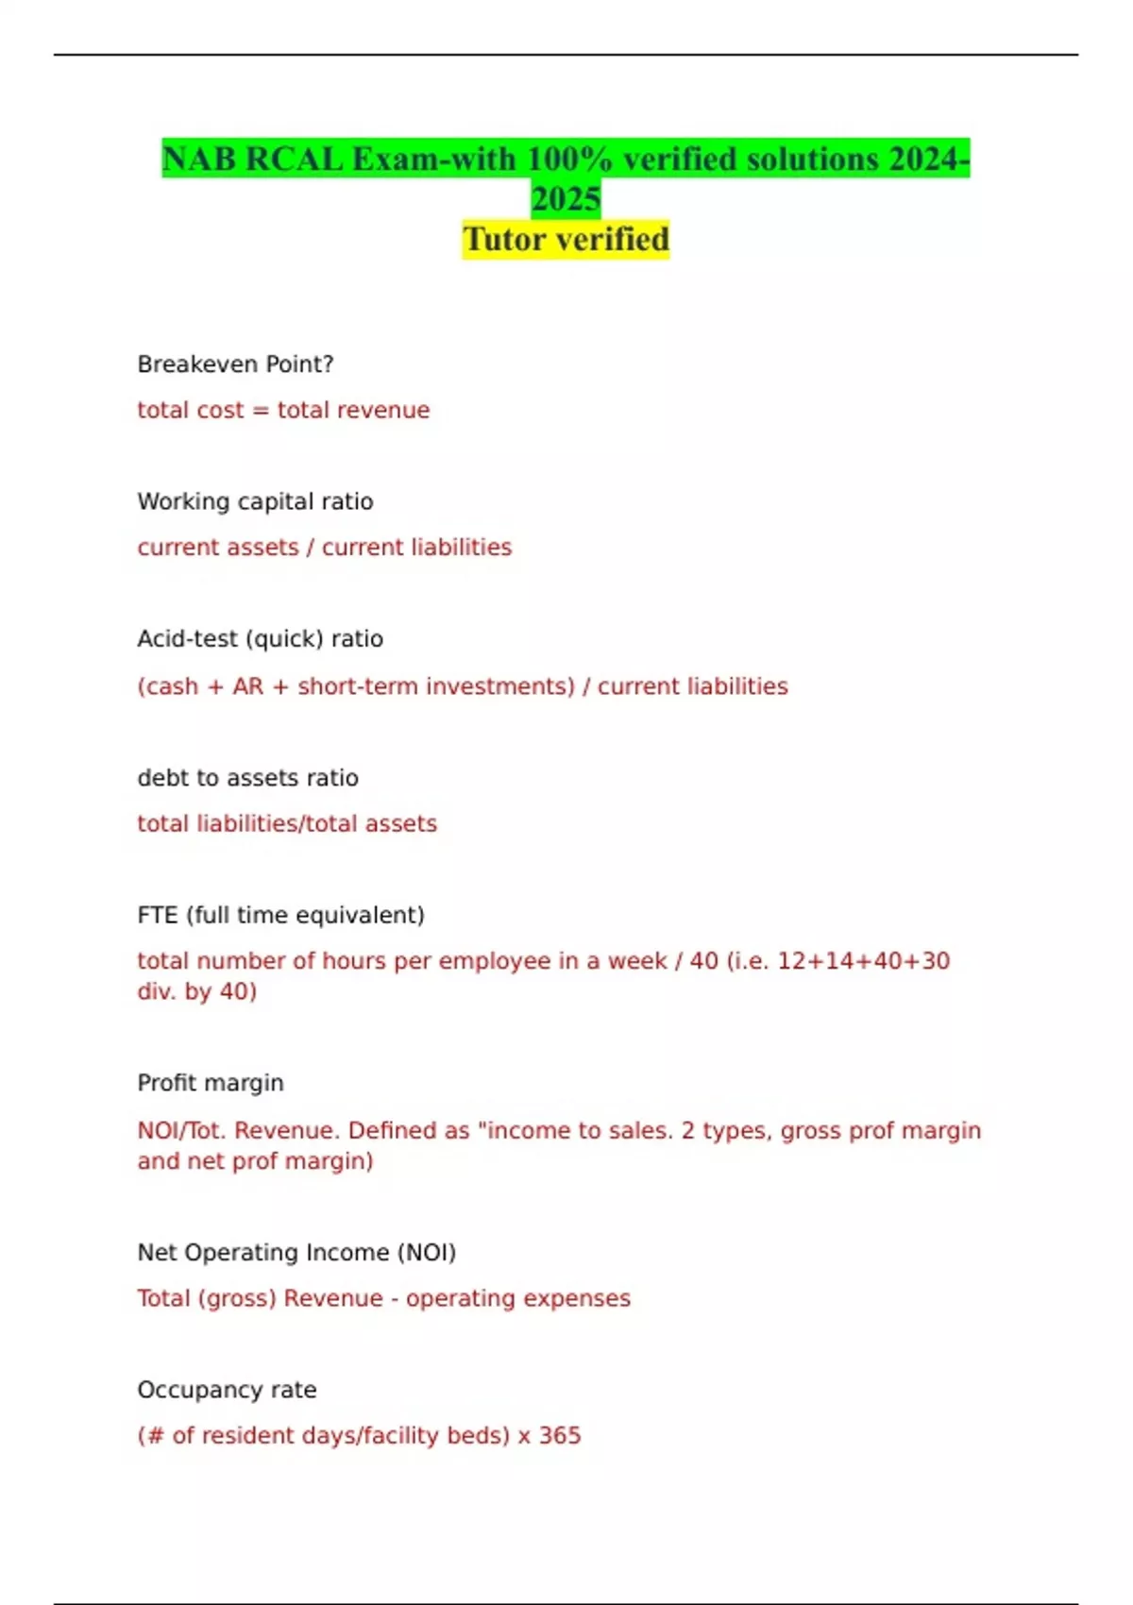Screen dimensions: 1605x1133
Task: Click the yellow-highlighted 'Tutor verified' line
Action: click(x=566, y=239)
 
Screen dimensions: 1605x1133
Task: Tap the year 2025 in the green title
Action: click(x=566, y=199)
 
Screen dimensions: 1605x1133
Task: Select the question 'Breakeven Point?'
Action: click(x=235, y=364)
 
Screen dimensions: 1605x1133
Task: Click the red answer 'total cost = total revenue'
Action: click(x=283, y=410)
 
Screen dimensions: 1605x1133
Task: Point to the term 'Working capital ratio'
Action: click(x=255, y=501)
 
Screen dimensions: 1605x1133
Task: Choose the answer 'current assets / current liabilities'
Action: click(x=324, y=548)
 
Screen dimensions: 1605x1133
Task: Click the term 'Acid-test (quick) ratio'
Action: click(x=260, y=639)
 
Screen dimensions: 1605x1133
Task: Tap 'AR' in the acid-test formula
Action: click(x=248, y=686)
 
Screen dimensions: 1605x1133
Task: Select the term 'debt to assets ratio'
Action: click(x=247, y=778)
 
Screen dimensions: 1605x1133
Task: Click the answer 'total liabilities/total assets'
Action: click(x=287, y=823)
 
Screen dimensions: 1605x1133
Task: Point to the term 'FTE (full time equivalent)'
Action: click(x=280, y=915)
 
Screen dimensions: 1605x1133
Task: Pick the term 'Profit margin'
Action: click(x=211, y=1083)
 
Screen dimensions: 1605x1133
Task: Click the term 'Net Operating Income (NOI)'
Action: click(x=296, y=1253)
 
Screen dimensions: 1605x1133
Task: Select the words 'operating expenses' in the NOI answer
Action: click(x=517, y=1298)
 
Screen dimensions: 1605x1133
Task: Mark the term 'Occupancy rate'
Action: click(x=227, y=1390)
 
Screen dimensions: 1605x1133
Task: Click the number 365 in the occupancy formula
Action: click(x=560, y=1436)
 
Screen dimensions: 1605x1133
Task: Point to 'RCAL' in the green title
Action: click(x=294, y=159)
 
